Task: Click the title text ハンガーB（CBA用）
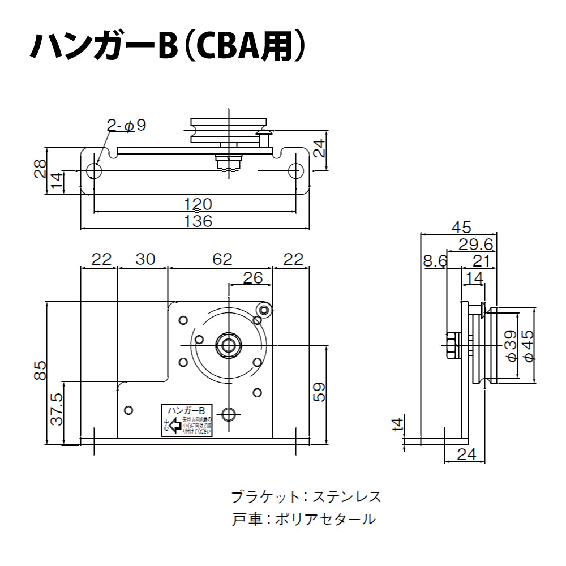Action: click(168, 46)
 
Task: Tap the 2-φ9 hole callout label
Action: click(127, 126)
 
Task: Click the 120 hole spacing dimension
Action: click(198, 204)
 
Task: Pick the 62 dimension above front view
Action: click(222, 259)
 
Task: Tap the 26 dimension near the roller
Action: click(252, 277)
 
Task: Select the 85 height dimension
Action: click(40, 371)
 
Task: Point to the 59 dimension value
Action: click(320, 392)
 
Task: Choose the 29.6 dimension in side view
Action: click(475, 244)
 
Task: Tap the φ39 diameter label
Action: click(511, 346)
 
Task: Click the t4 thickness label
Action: click(399, 424)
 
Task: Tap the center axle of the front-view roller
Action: click(229, 345)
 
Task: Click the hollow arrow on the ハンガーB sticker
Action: click(175, 424)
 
